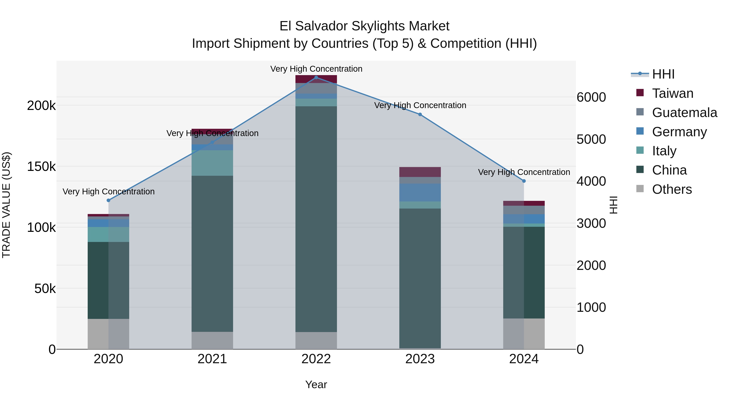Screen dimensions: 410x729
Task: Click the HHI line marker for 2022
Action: coord(316,78)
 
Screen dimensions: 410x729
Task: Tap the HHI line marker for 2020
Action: coord(108,200)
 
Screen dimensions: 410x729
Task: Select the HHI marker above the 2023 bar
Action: coord(420,115)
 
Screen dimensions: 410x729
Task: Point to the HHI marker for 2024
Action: coord(524,181)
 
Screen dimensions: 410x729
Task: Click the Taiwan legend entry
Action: coord(672,93)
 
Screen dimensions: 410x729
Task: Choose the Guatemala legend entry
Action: coord(684,113)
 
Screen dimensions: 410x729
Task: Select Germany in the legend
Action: coord(679,132)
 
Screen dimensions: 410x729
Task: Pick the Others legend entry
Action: coord(672,189)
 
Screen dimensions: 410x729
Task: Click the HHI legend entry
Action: coord(663,74)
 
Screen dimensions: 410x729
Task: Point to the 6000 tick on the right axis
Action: coord(591,97)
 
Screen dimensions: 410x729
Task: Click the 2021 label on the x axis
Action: coord(212,359)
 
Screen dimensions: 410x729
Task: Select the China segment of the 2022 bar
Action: coord(316,219)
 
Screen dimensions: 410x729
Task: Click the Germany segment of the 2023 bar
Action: coord(420,192)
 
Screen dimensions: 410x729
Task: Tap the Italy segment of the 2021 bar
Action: coord(212,163)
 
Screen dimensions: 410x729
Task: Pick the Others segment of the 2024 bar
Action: coord(524,334)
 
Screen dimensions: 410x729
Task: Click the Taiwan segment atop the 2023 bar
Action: coord(420,172)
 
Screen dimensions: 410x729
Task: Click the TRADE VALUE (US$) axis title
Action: coord(6,205)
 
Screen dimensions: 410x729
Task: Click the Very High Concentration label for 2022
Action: coord(316,69)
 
